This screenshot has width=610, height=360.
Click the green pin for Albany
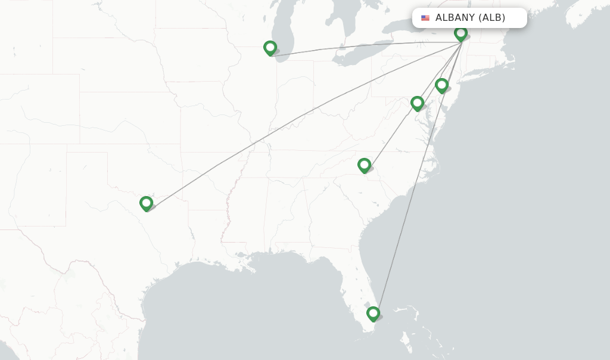coord(460,33)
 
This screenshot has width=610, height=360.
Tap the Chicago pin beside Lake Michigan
coord(270,48)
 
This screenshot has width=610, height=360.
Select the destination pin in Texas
coord(146,203)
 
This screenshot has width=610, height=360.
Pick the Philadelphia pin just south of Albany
coord(441,85)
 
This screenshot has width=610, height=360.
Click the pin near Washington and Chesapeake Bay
coord(417,103)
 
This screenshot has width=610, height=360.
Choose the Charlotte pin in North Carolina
coord(364,165)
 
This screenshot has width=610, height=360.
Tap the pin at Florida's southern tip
coord(373,313)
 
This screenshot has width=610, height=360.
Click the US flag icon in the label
coord(425,18)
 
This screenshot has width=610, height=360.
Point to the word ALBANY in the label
coord(455,18)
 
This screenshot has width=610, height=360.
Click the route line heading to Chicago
coord(357,46)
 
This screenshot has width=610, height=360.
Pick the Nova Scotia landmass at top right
coord(587,15)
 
